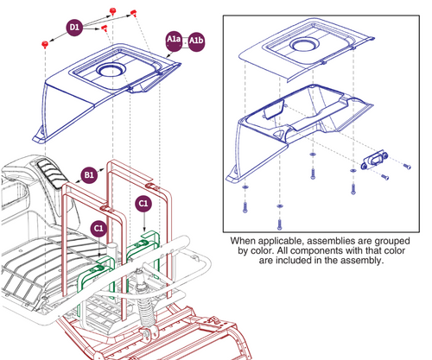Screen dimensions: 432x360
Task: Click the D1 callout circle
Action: click(x=74, y=28)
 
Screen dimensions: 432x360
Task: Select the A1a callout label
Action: click(x=174, y=40)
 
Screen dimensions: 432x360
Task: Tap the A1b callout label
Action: click(x=196, y=41)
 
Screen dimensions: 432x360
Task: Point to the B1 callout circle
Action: click(x=89, y=174)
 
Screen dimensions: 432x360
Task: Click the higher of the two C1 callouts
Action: click(x=143, y=204)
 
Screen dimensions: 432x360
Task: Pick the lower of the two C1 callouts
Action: click(x=98, y=229)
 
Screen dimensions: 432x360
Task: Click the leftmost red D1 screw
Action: click(x=45, y=44)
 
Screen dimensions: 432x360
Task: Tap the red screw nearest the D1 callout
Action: click(x=105, y=28)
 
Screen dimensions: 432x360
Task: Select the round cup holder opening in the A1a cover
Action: click(x=111, y=70)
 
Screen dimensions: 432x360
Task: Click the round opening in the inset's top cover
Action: click(x=305, y=45)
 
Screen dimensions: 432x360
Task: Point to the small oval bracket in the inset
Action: click(x=374, y=160)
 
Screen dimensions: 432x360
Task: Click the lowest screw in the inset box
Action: click(x=279, y=224)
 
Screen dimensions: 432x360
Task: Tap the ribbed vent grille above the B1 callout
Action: click(x=51, y=172)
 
